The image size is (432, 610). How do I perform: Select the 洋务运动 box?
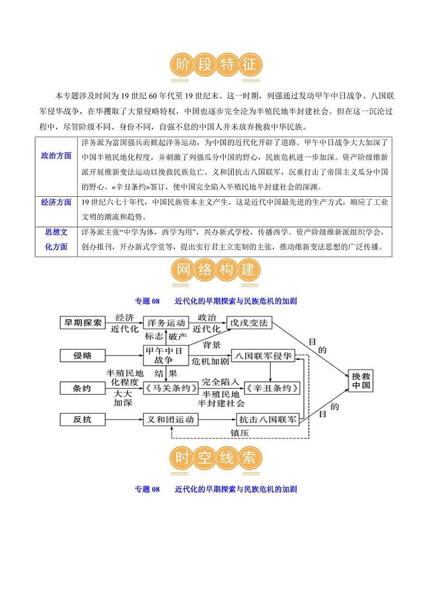(x=166, y=323)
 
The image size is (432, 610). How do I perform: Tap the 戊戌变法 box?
(x=248, y=323)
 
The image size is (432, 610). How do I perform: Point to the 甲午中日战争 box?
(x=165, y=355)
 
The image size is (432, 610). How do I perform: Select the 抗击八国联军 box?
(x=268, y=420)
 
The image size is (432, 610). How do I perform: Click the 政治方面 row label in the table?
(x=56, y=155)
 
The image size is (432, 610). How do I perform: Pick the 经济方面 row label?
(x=56, y=202)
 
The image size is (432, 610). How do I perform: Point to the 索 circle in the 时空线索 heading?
(x=249, y=458)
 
